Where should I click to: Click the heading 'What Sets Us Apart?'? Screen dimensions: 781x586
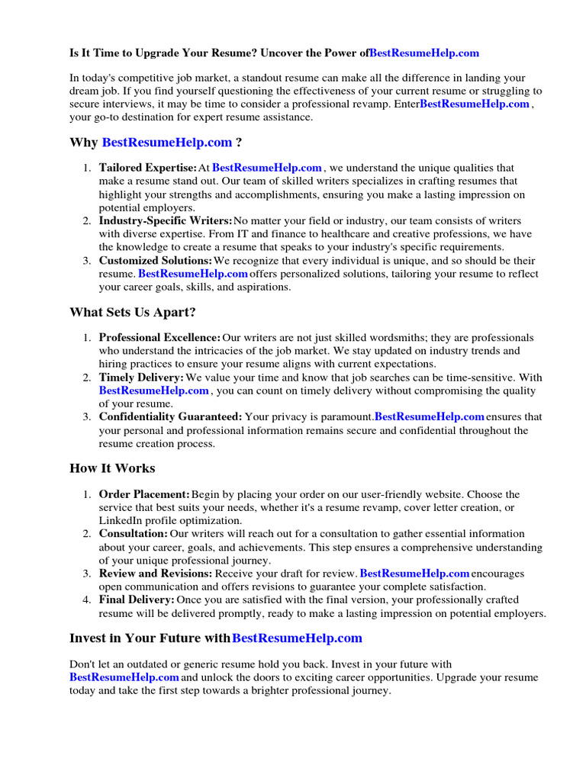pos(132,312)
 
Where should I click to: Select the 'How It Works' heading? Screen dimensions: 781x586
pos(112,468)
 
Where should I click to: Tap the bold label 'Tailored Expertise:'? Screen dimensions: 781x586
pos(147,168)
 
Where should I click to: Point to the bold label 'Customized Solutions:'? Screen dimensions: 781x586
pos(156,261)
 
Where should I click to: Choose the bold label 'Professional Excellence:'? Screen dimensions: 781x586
pos(159,338)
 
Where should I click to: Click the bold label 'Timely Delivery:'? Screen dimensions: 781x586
pos(141,378)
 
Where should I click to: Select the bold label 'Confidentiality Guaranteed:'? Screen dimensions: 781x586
pos(170,417)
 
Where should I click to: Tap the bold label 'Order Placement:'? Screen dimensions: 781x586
pos(144,495)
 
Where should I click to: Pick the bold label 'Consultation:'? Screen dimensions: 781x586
pos(134,534)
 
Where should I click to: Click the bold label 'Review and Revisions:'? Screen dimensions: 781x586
pos(156,574)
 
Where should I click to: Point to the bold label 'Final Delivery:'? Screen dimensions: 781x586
pos(137,600)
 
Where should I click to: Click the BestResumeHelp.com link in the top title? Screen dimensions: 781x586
pos(424,53)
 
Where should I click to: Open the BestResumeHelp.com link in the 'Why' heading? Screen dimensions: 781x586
pos(166,142)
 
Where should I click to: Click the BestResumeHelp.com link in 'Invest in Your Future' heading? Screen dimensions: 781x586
pos(297,638)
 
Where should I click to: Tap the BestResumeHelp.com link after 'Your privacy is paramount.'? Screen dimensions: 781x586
pos(430,417)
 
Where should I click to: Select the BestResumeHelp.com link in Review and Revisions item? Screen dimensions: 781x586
pos(414,574)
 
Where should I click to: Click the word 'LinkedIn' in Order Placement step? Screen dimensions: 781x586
pos(121,521)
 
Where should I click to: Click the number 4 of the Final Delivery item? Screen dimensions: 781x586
pos(87,600)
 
